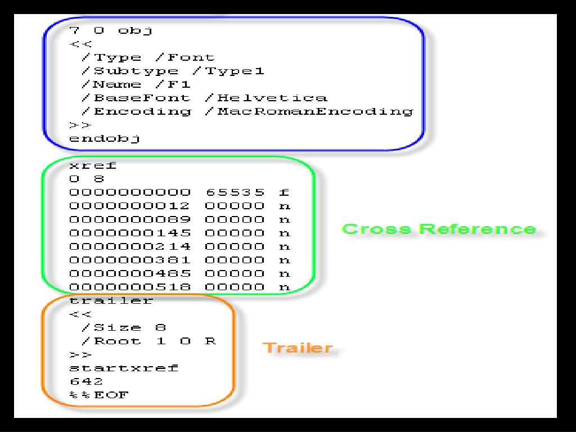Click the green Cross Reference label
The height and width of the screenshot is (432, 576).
tap(439, 229)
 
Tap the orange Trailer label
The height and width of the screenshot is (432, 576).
tap(298, 348)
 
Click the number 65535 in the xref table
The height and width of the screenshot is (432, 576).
tap(234, 192)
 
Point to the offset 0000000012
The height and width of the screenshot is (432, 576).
tap(130, 206)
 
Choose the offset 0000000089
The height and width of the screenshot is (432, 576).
tap(130, 219)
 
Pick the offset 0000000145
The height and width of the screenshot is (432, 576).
tap(130, 233)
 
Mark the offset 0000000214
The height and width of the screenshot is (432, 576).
tap(130, 246)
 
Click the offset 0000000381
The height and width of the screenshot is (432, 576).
tap(130, 260)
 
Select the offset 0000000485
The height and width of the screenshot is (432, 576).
tap(130, 273)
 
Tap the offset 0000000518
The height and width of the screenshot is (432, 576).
tap(130, 287)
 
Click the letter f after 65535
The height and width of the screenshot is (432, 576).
tap(284, 192)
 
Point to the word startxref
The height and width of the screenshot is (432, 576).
tap(124, 368)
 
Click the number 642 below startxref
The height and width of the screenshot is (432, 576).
tap(86, 381)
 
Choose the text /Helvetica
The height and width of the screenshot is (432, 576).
tap(265, 98)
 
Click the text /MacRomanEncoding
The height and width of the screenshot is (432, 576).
tap(308, 111)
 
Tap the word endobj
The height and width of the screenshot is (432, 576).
tap(105, 138)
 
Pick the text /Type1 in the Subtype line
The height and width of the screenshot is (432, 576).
tap(235, 71)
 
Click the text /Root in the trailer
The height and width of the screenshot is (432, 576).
tap(110, 341)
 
